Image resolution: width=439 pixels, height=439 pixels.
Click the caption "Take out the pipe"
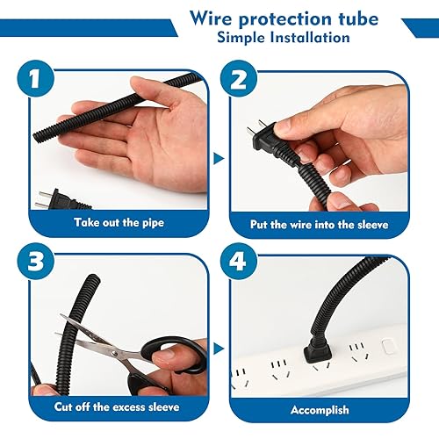(119, 222)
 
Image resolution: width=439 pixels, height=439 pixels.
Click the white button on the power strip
(387, 347)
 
